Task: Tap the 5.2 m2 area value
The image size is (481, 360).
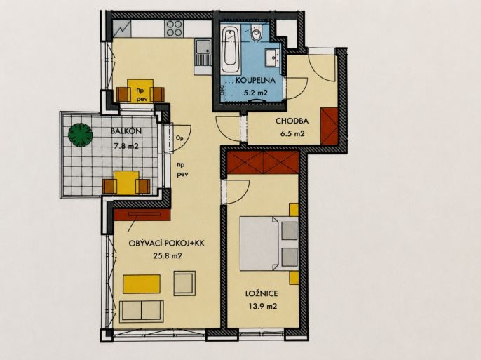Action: pyautogui.click(x=255, y=93)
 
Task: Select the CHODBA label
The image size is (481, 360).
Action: pyautogui.click(x=292, y=121)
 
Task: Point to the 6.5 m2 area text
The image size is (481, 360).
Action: pyautogui.click(x=292, y=134)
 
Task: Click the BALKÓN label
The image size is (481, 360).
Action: pyautogui.click(x=126, y=131)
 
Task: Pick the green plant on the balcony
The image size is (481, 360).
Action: pyautogui.click(x=80, y=135)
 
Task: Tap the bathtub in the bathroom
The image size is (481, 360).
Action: pyautogui.click(x=231, y=50)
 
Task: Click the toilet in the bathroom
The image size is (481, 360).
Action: pyautogui.click(x=256, y=34)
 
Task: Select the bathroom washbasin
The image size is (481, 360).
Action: pyautogui.click(x=272, y=58)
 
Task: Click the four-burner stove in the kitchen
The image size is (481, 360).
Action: pyautogui.click(x=174, y=29)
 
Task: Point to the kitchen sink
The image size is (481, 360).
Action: pyautogui.click(x=203, y=53)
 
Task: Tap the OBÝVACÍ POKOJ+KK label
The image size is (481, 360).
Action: pyautogui.click(x=167, y=244)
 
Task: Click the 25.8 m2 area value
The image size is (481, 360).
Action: pyautogui.click(x=167, y=255)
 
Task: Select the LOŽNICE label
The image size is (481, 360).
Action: pyautogui.click(x=262, y=293)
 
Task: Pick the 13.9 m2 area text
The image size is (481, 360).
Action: pyautogui.click(x=262, y=306)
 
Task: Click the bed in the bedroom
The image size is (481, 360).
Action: pyautogui.click(x=269, y=244)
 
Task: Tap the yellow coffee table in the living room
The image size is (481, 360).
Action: pyautogui.click(x=142, y=284)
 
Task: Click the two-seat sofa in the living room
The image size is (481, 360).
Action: pyautogui.click(x=142, y=312)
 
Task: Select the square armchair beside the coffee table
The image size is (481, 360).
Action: pyautogui.click(x=184, y=283)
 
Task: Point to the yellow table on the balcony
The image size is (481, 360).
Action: pyautogui.click(x=126, y=182)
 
